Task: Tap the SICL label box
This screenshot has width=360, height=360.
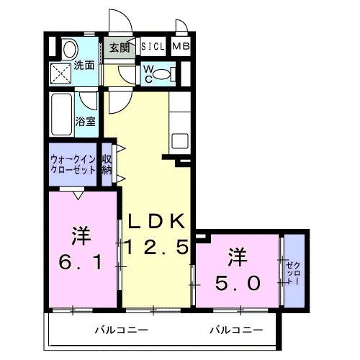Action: pos(153,48)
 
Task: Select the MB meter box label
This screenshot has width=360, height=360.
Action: pos(181,48)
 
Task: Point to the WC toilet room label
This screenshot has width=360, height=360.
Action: pos(148,73)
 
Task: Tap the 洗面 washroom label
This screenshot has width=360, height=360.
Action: pos(86,65)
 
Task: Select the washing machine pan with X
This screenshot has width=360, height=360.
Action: pos(61,74)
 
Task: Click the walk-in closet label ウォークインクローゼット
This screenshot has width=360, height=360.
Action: pos(73,164)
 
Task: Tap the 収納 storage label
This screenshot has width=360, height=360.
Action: pos(107,164)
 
